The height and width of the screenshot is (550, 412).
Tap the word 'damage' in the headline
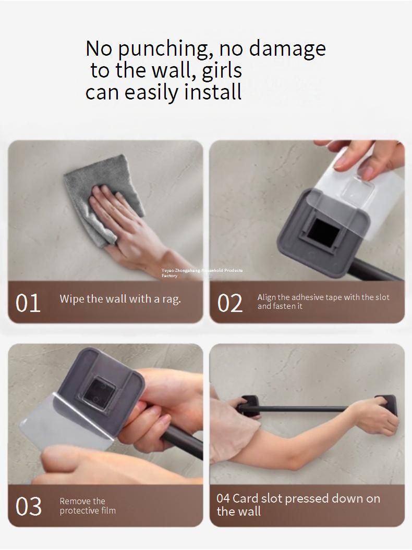click(x=287, y=49)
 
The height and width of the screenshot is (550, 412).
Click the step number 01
click(x=28, y=303)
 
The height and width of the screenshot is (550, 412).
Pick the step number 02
click(x=230, y=303)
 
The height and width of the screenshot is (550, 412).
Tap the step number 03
click(x=29, y=506)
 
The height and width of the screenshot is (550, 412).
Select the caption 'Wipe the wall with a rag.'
click(x=120, y=299)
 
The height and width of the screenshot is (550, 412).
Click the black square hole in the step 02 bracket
click(x=323, y=231)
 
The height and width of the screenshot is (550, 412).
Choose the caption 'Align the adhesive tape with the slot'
click(x=323, y=297)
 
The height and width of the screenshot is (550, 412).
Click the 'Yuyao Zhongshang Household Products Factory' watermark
click(x=202, y=273)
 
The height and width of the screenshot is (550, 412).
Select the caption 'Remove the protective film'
click(x=88, y=506)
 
